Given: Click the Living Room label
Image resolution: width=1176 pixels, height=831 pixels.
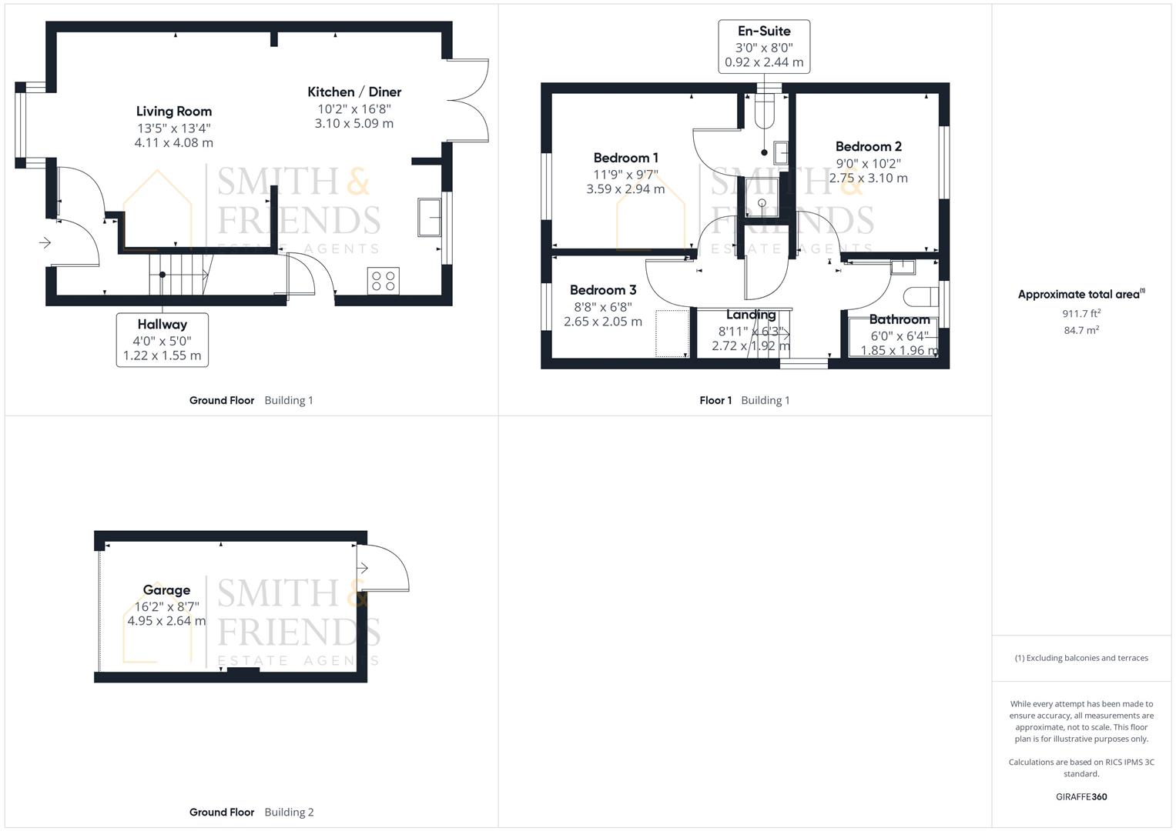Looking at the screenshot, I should tap(174, 112).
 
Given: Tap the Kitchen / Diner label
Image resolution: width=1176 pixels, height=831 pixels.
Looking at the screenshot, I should tap(354, 92).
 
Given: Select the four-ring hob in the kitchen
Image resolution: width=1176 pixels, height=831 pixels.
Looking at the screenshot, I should tap(384, 281).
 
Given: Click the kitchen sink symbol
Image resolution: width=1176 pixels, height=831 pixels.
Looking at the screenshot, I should tap(429, 217).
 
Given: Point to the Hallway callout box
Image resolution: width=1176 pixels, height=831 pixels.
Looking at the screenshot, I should tap(162, 339).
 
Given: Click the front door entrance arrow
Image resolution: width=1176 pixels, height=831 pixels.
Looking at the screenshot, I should tap(45, 243).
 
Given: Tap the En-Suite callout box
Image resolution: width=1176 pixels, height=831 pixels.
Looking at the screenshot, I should tap(764, 47).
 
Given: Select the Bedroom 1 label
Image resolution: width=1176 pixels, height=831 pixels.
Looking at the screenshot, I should tap(625, 158).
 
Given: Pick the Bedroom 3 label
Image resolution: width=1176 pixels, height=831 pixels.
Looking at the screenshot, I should tap(603, 290).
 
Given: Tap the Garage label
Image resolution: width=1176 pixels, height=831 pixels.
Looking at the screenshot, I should tap(166, 590).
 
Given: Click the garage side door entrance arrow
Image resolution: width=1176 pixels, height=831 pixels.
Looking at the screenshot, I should tap(363, 568).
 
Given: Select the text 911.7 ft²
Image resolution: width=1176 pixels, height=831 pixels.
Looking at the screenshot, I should tap(1081, 313).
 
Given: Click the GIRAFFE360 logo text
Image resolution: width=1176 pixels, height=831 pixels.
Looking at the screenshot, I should tap(1081, 796).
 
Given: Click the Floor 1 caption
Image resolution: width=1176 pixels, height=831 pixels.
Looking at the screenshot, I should tap(715, 400).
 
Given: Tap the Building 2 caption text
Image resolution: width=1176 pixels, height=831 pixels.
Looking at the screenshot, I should tap(289, 812).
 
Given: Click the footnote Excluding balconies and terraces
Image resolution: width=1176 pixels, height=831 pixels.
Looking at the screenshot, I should tap(1081, 658).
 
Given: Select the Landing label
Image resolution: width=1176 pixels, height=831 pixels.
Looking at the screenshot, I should tap(751, 314).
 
